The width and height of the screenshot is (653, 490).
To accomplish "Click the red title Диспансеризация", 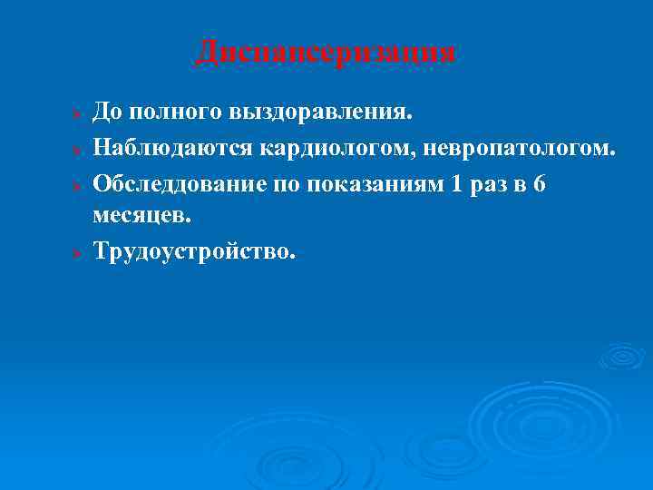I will click(x=326, y=53).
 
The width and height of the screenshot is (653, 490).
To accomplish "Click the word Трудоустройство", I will click(x=194, y=251).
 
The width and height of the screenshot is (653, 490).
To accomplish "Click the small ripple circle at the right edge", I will click(x=623, y=357).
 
